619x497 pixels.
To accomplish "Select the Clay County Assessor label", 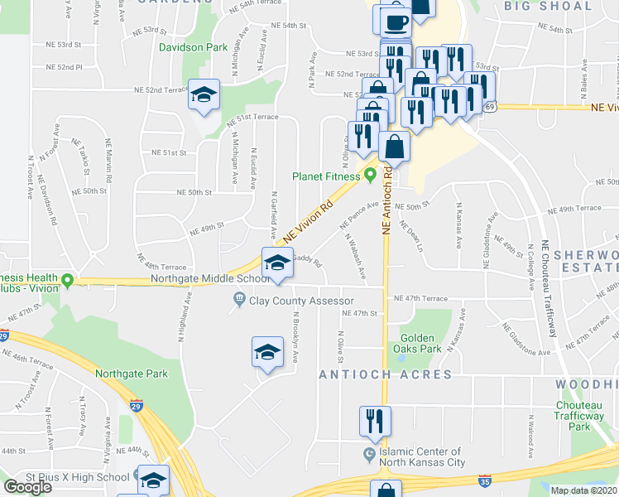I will pyautogui.click(x=302, y=301).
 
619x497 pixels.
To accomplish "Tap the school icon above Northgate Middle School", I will pyautogui.click(x=277, y=263).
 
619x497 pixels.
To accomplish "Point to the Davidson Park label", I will pyautogui.click(x=193, y=47).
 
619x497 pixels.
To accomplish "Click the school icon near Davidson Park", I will pyautogui.click(x=203, y=94).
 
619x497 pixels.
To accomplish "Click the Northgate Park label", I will pyautogui.click(x=132, y=374).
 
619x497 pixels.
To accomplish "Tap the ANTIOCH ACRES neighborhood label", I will pyautogui.click(x=386, y=374).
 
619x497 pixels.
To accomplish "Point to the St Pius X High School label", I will pyautogui.click(x=77, y=477).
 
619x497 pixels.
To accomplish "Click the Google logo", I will pyautogui.click(x=28, y=487).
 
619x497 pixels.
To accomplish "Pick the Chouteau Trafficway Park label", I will pyautogui.click(x=583, y=416).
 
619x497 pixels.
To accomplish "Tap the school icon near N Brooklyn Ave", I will pyautogui.click(x=267, y=352).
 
